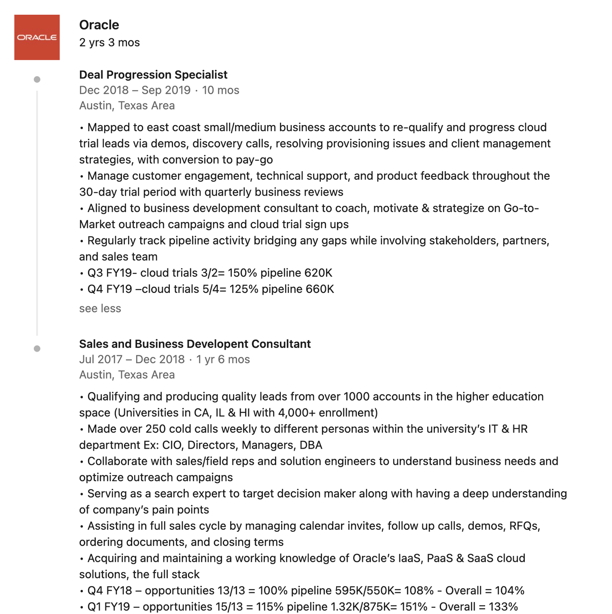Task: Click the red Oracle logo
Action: [37, 37]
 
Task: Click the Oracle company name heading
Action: [99, 25]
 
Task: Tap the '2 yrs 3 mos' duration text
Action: [109, 42]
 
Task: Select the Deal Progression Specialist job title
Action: [153, 75]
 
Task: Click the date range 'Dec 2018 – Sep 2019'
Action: [135, 90]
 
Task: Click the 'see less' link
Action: [100, 308]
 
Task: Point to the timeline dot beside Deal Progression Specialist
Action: [37, 79]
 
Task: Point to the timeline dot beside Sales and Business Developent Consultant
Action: [37, 349]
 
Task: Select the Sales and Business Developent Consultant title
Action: [195, 344]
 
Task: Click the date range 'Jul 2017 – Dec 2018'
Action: [132, 359]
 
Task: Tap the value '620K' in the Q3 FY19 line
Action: [319, 273]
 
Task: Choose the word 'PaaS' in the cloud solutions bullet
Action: [440, 558]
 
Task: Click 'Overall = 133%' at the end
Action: [478, 607]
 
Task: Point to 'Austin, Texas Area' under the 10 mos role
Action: [127, 106]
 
